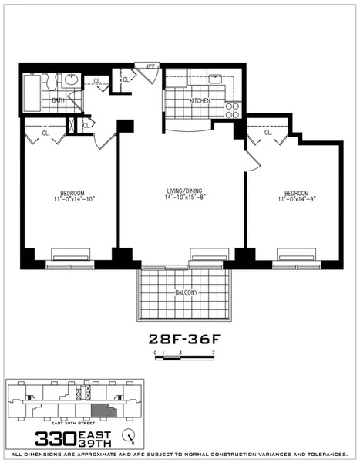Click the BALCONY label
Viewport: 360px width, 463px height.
click(x=186, y=292)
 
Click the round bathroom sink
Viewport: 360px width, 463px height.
click(x=70, y=79)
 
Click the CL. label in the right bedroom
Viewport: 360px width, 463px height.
click(x=268, y=132)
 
